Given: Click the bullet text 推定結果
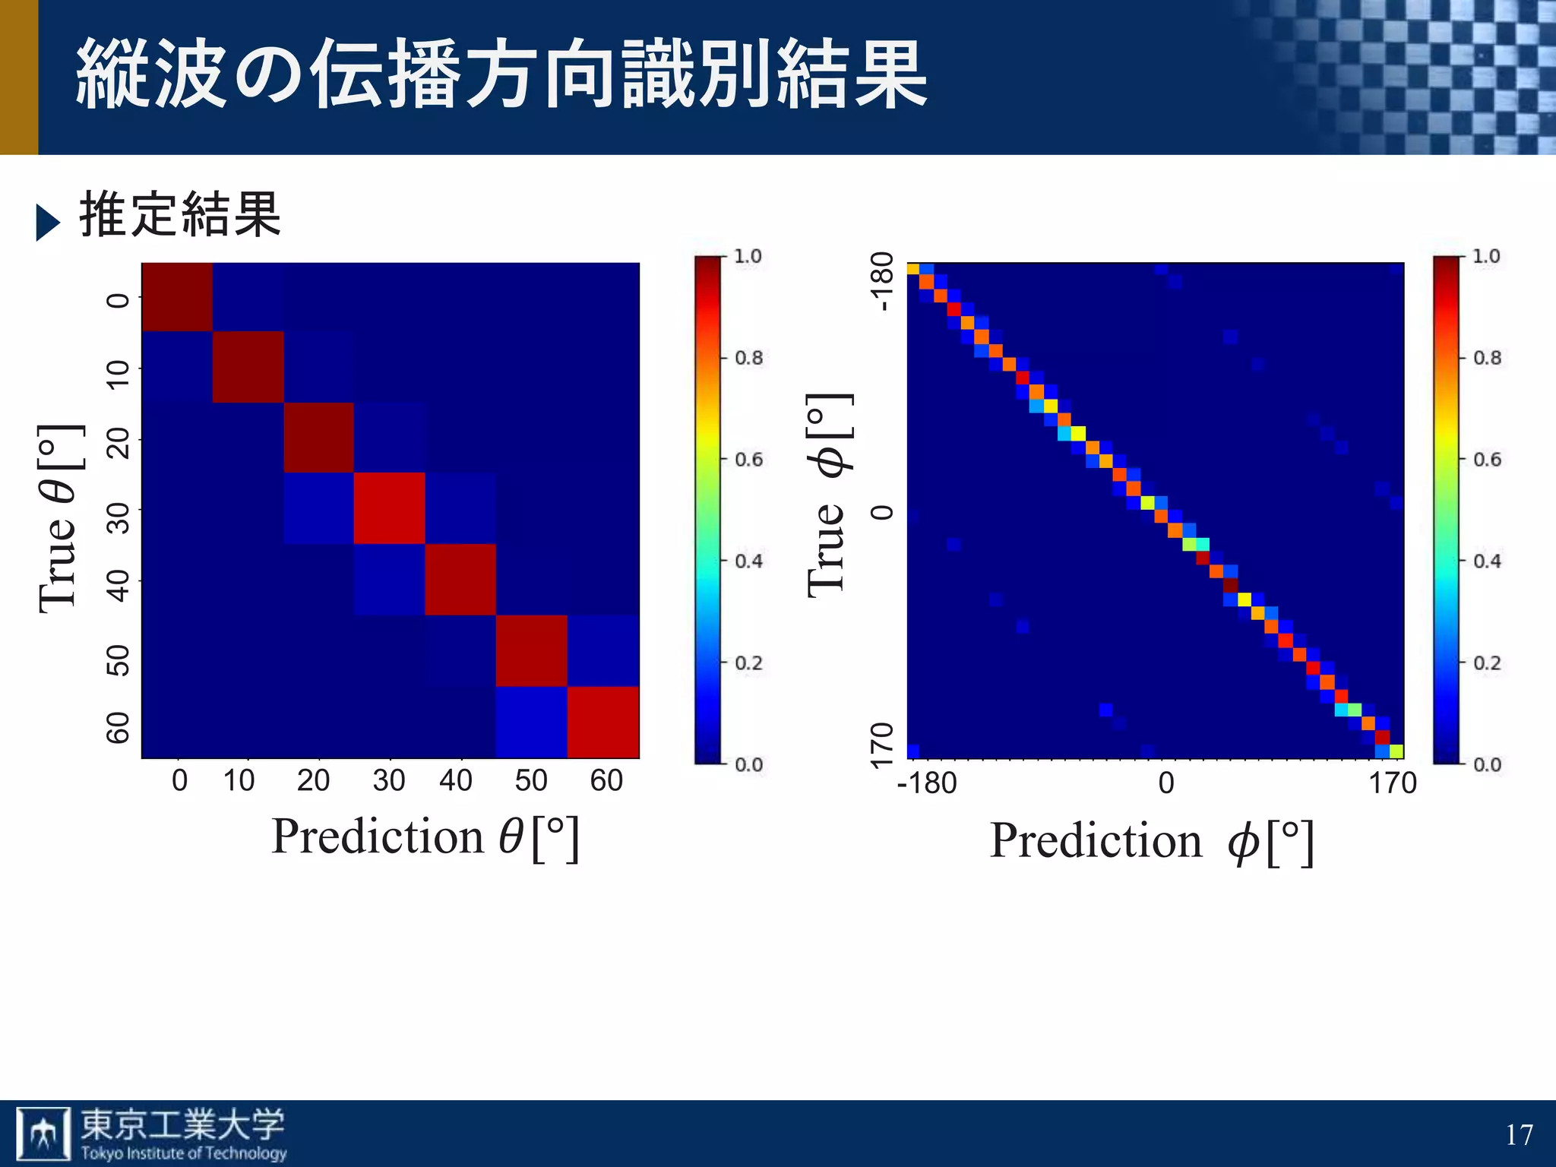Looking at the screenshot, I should tap(180, 216).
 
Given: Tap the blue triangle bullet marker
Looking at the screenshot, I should tap(47, 223).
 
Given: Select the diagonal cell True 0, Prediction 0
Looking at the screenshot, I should tap(177, 297).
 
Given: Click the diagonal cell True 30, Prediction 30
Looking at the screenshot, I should tap(389, 508).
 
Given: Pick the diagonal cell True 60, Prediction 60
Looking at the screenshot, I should tap(603, 722).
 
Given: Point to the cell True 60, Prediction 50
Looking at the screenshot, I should tap(532, 722).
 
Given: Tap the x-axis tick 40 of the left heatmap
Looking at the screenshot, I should tap(456, 781).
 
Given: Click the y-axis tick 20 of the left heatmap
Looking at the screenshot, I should tap(118, 443).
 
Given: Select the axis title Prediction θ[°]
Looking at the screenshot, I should tap(425, 837).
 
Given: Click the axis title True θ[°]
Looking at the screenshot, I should tap(59, 518).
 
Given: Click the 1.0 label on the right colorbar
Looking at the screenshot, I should tap(1486, 256).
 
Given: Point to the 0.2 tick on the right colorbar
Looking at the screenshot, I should tap(1487, 663).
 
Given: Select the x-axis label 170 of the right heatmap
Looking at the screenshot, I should tap(1393, 783).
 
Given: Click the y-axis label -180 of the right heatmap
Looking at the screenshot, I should tap(882, 281).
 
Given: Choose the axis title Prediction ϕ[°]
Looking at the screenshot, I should tap(1151, 842).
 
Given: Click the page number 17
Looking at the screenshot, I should tap(1519, 1135).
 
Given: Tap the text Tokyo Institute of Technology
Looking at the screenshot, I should tap(184, 1153).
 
